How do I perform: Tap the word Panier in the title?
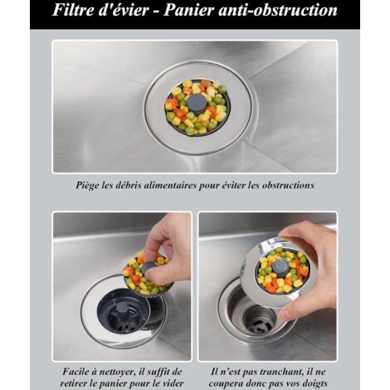coord(189,10)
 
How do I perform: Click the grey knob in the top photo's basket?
coord(197,104)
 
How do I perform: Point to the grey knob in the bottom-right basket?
coord(280,268)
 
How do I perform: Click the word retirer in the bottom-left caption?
coord(74,383)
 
